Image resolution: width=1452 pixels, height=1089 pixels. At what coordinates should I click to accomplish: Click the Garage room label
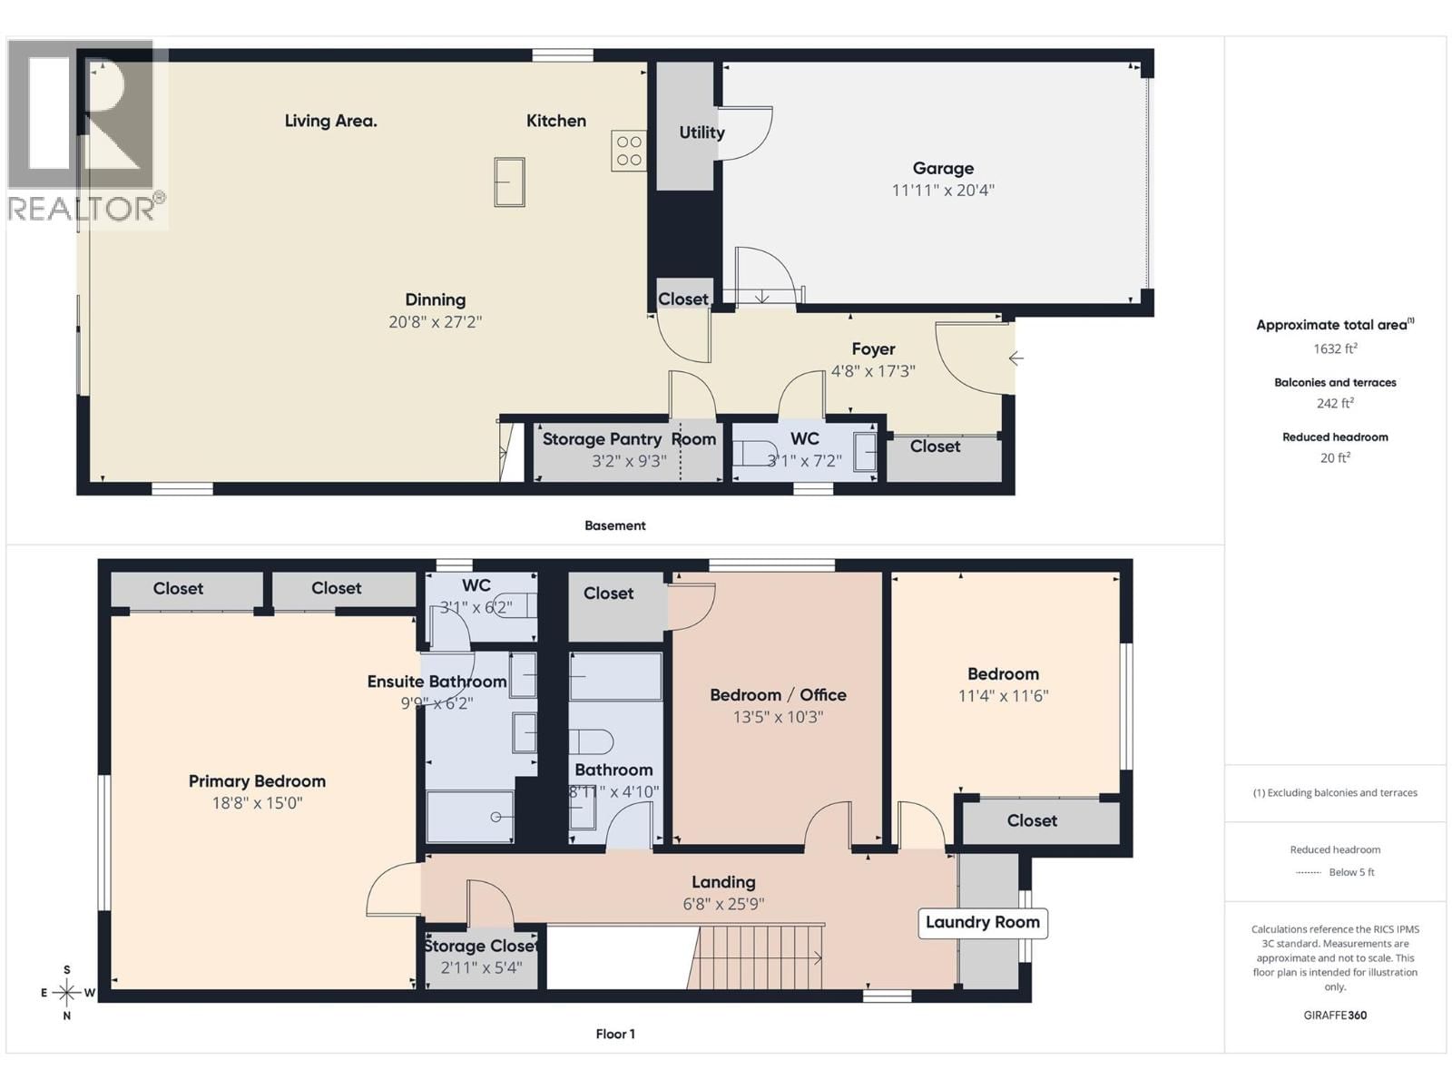[943, 169]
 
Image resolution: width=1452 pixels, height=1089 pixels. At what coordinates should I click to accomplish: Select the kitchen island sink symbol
[509, 181]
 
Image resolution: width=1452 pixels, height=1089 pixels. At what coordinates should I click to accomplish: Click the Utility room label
[701, 132]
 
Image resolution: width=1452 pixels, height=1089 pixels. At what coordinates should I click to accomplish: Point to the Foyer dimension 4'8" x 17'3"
[873, 371]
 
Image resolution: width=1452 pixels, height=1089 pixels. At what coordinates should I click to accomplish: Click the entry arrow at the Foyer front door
[1016, 358]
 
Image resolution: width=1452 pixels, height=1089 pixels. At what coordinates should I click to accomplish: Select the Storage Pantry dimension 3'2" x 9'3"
[629, 461]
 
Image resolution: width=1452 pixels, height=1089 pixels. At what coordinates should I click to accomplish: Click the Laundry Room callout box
[983, 923]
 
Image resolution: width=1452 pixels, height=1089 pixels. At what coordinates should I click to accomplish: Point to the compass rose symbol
[67, 992]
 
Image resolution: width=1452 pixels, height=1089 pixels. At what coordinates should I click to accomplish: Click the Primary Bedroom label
[257, 781]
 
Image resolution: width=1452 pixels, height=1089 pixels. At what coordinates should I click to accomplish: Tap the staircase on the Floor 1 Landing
[758, 957]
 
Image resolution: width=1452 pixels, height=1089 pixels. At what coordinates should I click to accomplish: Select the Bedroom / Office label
[778, 695]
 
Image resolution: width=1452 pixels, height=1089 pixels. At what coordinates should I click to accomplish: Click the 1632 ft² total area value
[1335, 348]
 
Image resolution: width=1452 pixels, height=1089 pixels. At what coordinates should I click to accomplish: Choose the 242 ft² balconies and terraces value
[1335, 404]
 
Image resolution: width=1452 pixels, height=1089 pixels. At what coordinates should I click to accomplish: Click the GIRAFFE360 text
[1335, 1015]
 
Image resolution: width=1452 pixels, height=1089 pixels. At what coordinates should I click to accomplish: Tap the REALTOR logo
[86, 132]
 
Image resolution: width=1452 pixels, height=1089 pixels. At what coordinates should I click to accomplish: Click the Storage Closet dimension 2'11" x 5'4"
[481, 967]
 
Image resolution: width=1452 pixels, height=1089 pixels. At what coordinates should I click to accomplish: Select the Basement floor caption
[614, 525]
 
